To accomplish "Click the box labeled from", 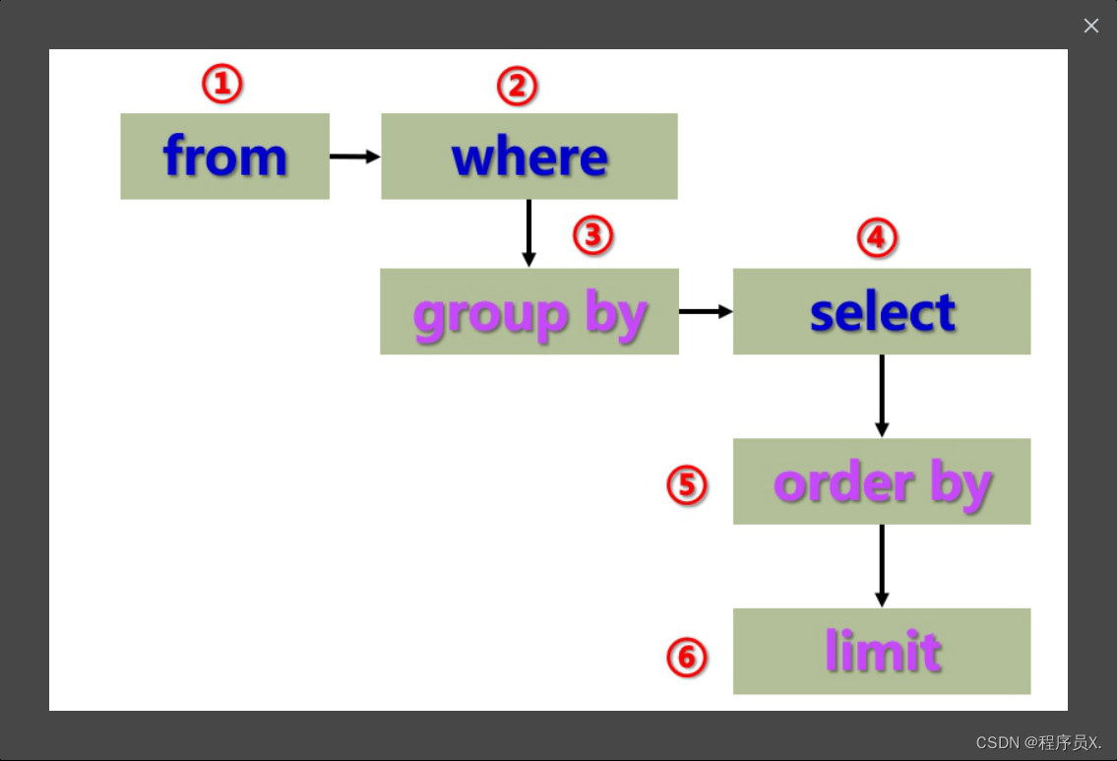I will (x=224, y=156).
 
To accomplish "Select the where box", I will (x=528, y=156).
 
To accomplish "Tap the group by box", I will (x=528, y=311).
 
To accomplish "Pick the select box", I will (x=881, y=311).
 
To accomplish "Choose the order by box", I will (x=881, y=481).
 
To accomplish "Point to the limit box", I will (x=881, y=651).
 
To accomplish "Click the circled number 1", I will (x=221, y=85).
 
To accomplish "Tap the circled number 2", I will (x=517, y=87).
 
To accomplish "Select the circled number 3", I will (x=592, y=235).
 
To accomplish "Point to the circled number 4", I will (x=877, y=237).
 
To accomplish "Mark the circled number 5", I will (x=687, y=484).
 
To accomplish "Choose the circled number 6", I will (x=687, y=658).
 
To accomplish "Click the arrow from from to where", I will (x=354, y=156).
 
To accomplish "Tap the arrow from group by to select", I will (x=706, y=311).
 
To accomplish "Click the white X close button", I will (x=1090, y=26).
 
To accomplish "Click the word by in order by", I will (x=960, y=483).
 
